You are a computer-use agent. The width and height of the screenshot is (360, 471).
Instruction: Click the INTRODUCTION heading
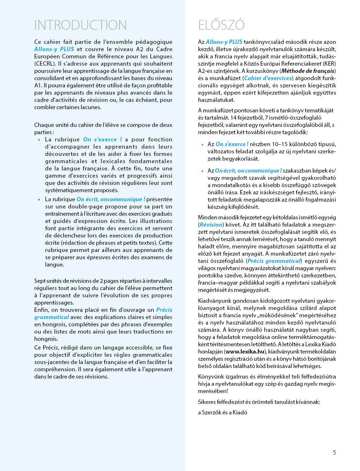80,25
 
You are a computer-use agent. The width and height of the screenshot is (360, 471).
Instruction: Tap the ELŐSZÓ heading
221,25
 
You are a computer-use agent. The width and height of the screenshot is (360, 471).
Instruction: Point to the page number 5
334,453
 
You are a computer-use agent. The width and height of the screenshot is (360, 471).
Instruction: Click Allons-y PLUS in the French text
54,49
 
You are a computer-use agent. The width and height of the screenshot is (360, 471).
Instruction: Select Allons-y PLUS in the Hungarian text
224,42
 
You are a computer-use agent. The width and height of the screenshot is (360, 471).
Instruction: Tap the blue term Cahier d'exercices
268,78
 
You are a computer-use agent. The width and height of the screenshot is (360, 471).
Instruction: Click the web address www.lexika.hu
245,352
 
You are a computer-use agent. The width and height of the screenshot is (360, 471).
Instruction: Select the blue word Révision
211,225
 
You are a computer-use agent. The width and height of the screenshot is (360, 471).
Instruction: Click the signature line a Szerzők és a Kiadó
222,413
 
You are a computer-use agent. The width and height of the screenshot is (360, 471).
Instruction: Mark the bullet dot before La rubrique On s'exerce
39,140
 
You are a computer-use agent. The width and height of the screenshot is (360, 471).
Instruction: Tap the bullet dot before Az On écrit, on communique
202,171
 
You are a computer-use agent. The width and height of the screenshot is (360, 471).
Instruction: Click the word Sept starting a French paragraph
40,281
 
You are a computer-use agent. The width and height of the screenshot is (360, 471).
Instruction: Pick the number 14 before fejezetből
233,118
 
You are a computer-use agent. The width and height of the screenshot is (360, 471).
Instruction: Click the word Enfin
41,310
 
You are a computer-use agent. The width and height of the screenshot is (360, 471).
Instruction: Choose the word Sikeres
208,402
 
